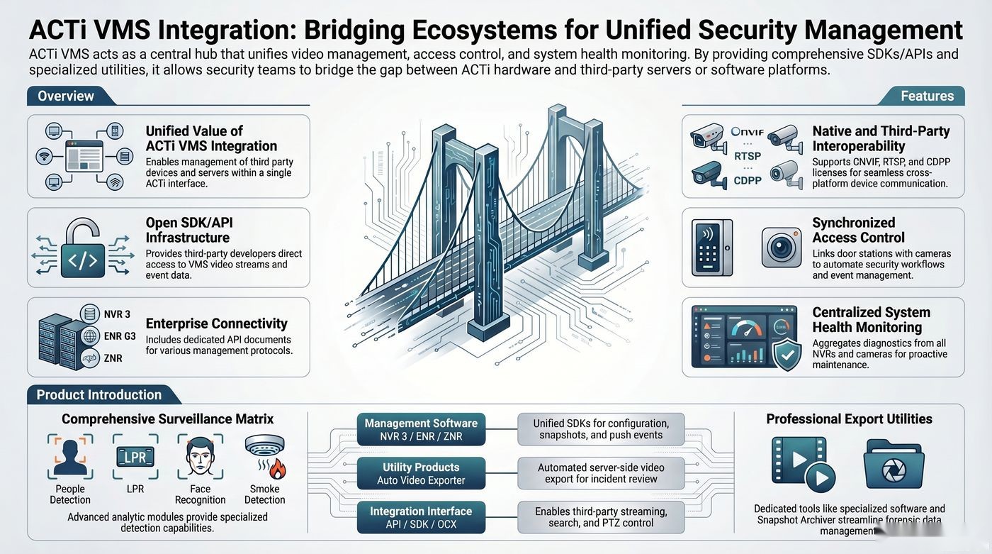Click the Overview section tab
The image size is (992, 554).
67,96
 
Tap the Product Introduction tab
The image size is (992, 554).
100,394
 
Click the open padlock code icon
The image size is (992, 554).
83,248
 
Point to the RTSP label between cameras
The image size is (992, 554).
748,156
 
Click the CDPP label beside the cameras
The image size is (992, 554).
748,180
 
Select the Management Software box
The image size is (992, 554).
421,429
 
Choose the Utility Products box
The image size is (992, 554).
421,473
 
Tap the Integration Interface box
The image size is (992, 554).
421,517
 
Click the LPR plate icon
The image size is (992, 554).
135,457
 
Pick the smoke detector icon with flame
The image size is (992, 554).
265,457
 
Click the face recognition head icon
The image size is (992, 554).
200,457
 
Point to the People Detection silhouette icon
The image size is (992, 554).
70,457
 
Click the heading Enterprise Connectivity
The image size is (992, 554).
217,323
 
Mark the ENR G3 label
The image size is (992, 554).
120,336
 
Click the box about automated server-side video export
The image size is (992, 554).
601,473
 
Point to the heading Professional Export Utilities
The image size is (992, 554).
849,419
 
